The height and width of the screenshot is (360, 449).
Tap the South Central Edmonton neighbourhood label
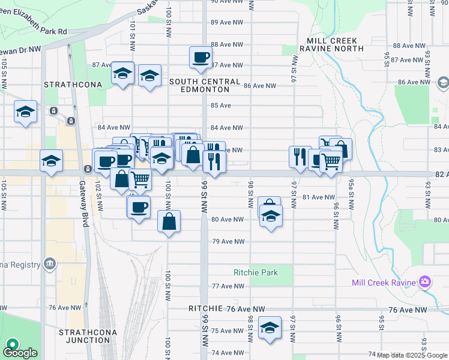(x=205, y=85)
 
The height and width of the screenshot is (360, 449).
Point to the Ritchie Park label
(x=256, y=272)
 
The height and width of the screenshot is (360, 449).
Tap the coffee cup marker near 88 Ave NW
(x=200, y=58)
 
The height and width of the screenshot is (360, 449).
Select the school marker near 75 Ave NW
(x=270, y=328)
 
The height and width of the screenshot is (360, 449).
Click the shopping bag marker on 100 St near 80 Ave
(x=169, y=221)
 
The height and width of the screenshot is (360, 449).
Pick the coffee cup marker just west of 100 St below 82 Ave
(x=139, y=208)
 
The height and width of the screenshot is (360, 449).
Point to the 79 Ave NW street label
(x=228, y=242)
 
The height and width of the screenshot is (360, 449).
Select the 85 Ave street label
(x=221, y=106)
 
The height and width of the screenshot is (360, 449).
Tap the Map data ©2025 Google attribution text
(x=412, y=356)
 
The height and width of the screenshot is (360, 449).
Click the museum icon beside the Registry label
(x=49, y=264)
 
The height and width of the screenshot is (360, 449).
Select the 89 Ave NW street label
(x=228, y=22)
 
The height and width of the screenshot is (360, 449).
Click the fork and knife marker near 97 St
(x=299, y=157)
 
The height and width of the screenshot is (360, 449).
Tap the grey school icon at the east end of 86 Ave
(x=443, y=82)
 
